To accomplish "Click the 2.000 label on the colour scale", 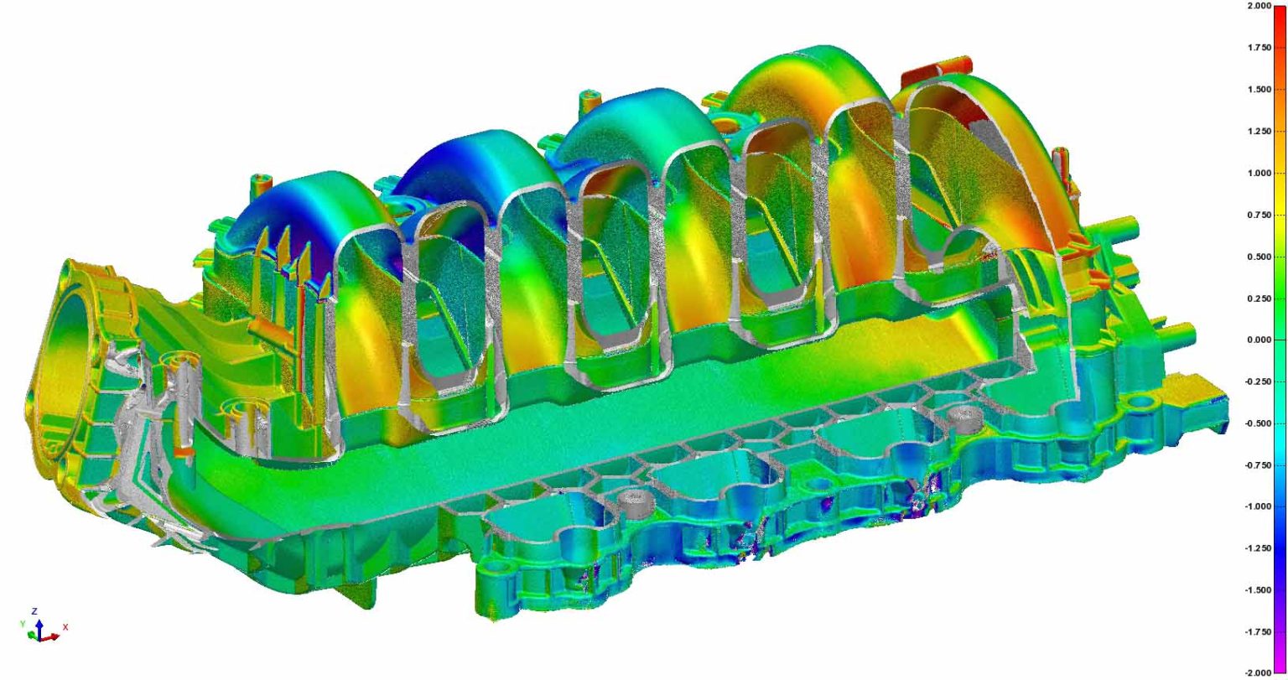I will [1259, 6].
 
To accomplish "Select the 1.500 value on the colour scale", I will [1259, 90].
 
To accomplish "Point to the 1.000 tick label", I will [1259, 173].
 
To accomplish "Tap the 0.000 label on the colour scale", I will [1259, 340].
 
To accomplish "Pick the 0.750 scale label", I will [1259, 215].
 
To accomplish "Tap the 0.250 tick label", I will [1259, 298].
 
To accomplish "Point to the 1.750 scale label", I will [1259, 48].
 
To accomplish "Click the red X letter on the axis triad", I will [65, 626].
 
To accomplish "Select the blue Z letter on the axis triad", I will [34, 611].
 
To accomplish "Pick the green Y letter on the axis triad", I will [22, 625].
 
